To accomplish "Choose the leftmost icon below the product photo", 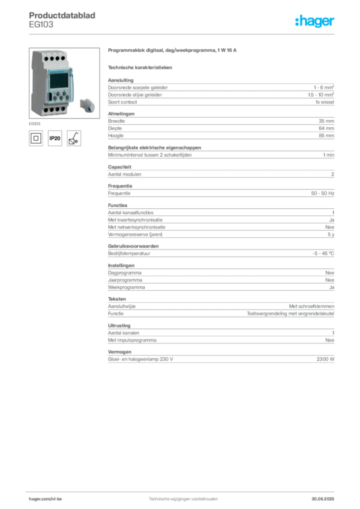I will coord(35,138).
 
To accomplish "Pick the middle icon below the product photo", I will coord(55,138).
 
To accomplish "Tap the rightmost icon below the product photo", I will coord(75,138).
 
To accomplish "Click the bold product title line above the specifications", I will coord(172,51).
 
